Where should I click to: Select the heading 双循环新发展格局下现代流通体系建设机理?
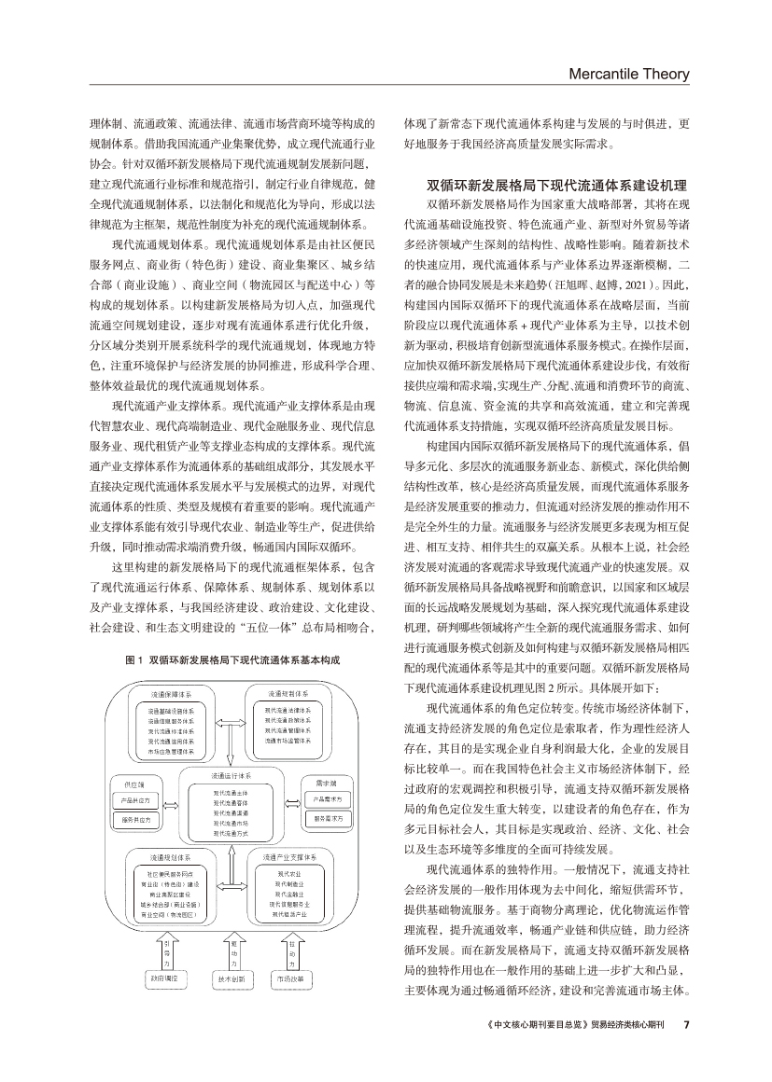556,186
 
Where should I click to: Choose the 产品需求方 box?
328,799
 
